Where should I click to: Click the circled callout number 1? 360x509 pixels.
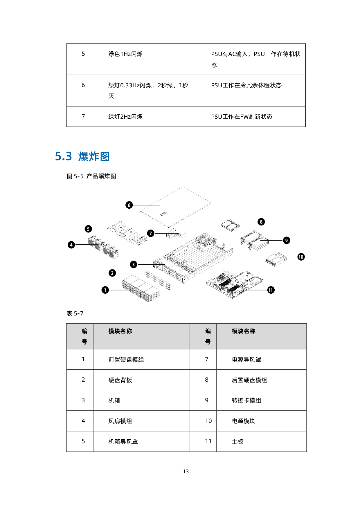[x=105, y=290]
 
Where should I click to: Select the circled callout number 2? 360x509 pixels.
[x=112, y=273]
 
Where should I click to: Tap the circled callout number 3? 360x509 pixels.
[x=134, y=264]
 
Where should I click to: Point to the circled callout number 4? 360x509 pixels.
[x=71, y=245]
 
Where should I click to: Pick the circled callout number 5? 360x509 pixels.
[x=88, y=229]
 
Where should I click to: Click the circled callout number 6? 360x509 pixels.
[x=129, y=205]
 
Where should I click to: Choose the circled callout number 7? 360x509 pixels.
[x=151, y=233]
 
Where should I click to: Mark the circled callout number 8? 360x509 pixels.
[x=261, y=222]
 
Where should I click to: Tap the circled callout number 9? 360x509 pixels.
[x=287, y=240]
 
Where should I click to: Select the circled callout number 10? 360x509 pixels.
[x=301, y=257]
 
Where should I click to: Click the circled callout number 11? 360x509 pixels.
[x=271, y=290]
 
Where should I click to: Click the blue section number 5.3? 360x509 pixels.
[x=64, y=157]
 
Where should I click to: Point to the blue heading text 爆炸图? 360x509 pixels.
[x=94, y=157]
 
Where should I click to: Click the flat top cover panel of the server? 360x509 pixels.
[x=176, y=207]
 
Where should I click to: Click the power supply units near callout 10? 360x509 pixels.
[x=276, y=259]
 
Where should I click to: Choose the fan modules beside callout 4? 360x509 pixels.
[x=103, y=247]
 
